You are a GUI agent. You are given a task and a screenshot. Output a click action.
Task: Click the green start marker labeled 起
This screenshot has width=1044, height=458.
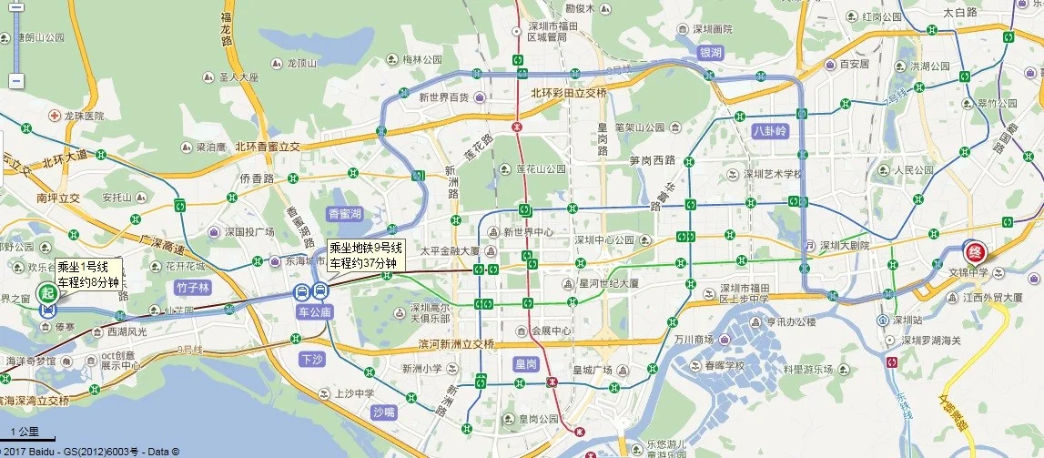pyautogui.click(x=47, y=292)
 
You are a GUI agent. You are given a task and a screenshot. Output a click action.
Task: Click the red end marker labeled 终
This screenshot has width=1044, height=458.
pyautogui.click(x=973, y=249)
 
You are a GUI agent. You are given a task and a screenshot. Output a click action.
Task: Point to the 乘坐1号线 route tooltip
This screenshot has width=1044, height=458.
pyautogui.click(x=87, y=274)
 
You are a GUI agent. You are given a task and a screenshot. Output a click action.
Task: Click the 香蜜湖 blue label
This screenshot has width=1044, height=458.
pyautogui.click(x=345, y=214)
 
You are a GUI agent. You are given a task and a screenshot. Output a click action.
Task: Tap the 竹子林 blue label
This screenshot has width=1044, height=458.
pyautogui.click(x=193, y=288)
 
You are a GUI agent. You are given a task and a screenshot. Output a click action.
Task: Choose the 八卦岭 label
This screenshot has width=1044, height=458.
pyautogui.click(x=769, y=131)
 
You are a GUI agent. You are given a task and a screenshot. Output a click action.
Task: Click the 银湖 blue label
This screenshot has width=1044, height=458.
pyautogui.click(x=710, y=53)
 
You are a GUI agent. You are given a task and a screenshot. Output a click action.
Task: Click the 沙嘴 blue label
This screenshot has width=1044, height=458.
pyautogui.click(x=384, y=412)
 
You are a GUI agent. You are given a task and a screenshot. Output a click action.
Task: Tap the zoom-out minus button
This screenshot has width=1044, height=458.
pyautogui.click(x=15, y=81)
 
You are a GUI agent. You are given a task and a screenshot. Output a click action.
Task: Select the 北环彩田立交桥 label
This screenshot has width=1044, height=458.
pyautogui.click(x=568, y=94)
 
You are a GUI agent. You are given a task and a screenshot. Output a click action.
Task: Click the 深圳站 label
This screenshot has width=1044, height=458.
pyautogui.click(x=912, y=321)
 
